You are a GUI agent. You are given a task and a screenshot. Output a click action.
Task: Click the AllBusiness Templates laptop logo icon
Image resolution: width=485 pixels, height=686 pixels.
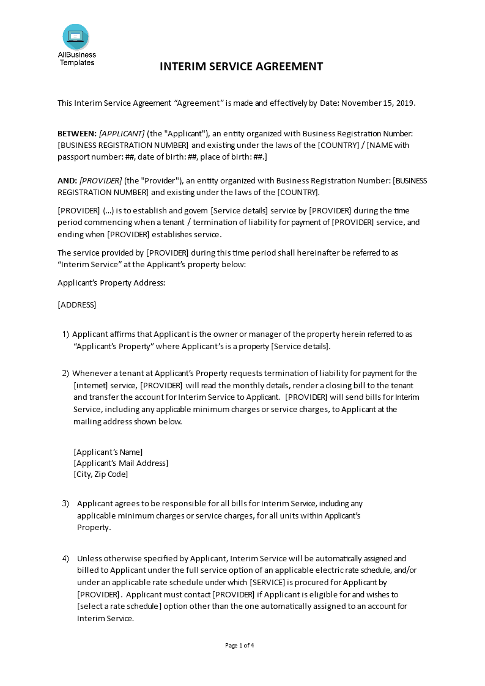click(x=75, y=37)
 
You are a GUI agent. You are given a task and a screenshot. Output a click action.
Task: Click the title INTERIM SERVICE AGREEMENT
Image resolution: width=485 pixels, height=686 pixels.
click(x=242, y=67)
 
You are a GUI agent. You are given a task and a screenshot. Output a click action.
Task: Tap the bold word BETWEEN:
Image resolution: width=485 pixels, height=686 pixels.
click(x=76, y=134)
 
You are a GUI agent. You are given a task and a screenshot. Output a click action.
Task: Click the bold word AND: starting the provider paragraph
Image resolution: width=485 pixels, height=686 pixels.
click(x=67, y=180)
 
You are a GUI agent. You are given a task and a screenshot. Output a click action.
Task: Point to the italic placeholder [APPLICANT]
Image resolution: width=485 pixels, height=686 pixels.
click(x=122, y=134)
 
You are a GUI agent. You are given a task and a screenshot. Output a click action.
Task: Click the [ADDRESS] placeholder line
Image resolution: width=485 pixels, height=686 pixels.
click(x=76, y=304)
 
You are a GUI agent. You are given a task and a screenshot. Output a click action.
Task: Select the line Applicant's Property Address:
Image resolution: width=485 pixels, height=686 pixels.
click(x=111, y=283)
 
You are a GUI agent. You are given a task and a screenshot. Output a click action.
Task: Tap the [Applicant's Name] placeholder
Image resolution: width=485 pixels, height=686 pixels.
click(x=108, y=452)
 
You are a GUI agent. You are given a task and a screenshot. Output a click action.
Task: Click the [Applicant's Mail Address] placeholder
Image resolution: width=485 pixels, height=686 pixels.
click(x=120, y=463)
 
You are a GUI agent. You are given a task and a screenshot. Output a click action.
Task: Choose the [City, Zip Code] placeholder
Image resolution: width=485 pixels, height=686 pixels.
click(x=101, y=474)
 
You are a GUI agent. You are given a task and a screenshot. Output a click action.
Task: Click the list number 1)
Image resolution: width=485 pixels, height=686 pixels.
click(x=65, y=334)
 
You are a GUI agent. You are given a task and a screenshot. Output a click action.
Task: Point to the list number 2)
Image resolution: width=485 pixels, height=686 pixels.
click(x=65, y=374)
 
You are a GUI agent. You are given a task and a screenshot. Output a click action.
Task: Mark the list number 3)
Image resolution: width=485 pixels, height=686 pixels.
click(x=65, y=504)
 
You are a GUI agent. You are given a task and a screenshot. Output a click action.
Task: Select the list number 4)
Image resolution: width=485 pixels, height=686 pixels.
click(x=65, y=559)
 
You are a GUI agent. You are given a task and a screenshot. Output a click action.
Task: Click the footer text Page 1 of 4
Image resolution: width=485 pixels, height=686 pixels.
click(x=240, y=645)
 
